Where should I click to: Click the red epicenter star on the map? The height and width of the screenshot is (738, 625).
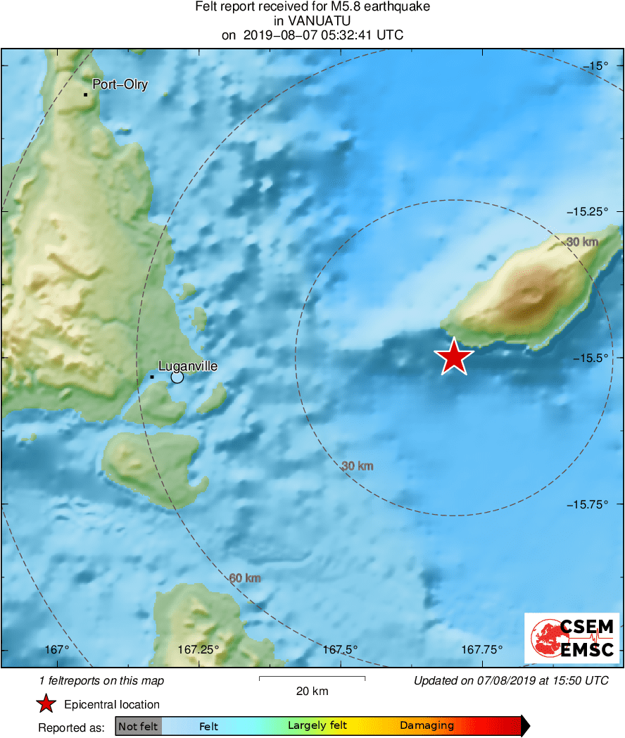click(x=455, y=357)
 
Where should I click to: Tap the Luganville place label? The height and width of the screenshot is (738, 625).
click(x=188, y=366)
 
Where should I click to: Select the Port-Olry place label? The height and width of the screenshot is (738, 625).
click(x=120, y=85)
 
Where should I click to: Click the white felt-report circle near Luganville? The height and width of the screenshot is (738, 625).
click(x=177, y=377)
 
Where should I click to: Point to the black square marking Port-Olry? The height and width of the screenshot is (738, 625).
click(x=85, y=94)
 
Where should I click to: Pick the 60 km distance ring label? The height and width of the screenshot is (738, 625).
click(x=245, y=578)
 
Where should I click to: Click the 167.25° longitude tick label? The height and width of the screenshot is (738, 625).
click(x=198, y=649)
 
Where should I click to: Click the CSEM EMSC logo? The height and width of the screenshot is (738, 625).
click(x=572, y=638)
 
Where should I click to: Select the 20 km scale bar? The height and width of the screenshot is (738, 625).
click(x=312, y=678)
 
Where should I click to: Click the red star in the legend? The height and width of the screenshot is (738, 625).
click(x=46, y=704)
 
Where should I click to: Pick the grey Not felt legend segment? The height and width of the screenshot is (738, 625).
click(x=138, y=725)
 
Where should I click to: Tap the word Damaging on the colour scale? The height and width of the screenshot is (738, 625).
click(x=427, y=725)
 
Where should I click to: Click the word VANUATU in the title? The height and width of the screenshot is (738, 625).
click(x=312, y=21)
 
